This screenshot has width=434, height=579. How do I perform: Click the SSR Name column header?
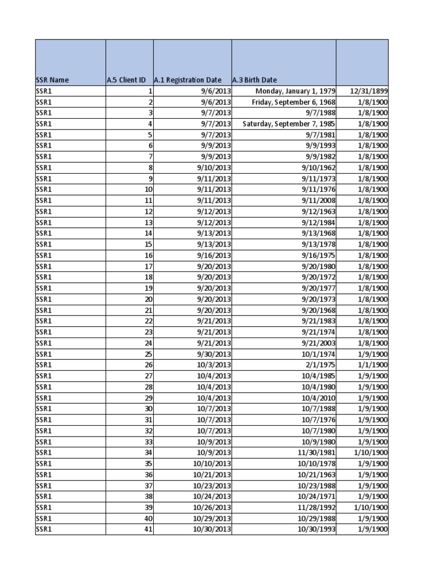(53, 80)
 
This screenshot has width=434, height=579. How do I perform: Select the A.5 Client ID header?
(129, 80)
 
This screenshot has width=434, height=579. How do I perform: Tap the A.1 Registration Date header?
(188, 80)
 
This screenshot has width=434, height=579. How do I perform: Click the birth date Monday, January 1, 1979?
(296, 91)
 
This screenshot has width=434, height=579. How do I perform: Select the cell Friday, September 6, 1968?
(294, 102)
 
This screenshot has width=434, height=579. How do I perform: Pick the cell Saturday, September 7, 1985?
(289, 124)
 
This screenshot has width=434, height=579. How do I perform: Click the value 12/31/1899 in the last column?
(368, 91)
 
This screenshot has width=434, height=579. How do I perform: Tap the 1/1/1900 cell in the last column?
(372, 365)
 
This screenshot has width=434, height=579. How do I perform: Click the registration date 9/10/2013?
(214, 168)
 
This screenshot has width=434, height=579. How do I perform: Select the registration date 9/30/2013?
(214, 354)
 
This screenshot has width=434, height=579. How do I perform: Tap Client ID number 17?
(149, 266)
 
